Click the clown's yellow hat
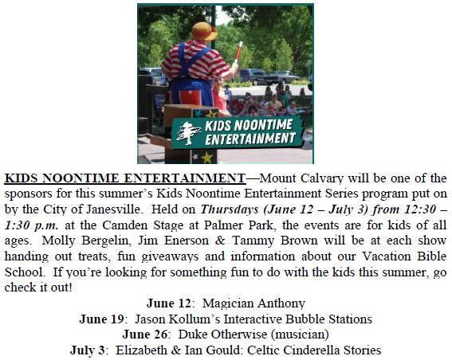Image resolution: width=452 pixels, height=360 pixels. [x=204, y=31]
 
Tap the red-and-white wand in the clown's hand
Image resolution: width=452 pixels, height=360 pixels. [x=238, y=53]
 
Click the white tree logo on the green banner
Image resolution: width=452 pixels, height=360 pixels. [x=188, y=133]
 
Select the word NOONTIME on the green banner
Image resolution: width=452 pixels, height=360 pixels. [x=263, y=125]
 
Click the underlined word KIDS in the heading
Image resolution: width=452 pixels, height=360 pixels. [x=22, y=178]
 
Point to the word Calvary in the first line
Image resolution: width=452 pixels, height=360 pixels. [x=322, y=178]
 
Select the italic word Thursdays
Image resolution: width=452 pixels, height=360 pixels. [x=230, y=209]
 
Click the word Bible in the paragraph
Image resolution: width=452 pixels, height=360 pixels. [x=432, y=256]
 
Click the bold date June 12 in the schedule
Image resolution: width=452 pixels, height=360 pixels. [x=169, y=303]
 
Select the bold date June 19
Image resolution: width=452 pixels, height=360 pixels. [x=102, y=319]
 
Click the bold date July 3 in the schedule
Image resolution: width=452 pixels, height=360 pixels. [x=88, y=350]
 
